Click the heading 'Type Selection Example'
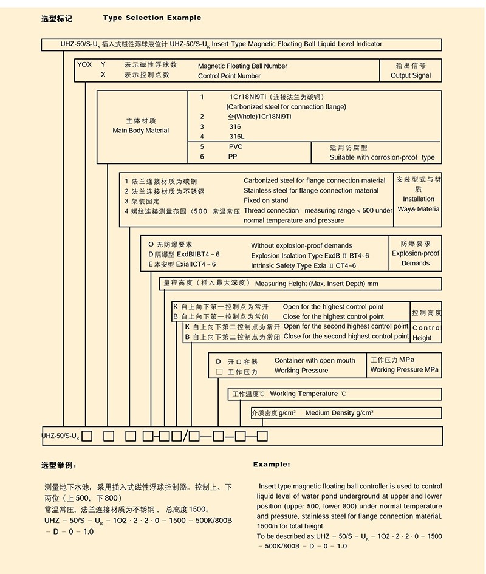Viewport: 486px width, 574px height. (152, 18)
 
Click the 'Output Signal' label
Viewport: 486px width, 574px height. (411, 76)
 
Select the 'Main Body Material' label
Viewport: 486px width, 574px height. (141, 131)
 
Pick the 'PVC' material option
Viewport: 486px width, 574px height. (236, 147)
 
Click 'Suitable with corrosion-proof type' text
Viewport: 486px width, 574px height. (382, 157)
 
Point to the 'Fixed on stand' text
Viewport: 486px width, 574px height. (266, 200)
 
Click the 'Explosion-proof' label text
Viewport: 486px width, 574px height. (416, 253)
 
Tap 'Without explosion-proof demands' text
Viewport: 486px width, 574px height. (301, 246)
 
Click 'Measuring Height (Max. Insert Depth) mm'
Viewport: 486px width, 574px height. (317, 284)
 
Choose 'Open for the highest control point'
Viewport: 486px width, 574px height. (333, 307)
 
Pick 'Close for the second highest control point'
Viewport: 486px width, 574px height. (346, 336)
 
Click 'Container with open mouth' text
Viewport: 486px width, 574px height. (315, 360)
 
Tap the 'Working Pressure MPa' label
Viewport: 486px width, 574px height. (404, 369)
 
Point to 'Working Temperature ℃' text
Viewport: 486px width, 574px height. (308, 394)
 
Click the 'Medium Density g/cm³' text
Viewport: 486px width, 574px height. (339, 413)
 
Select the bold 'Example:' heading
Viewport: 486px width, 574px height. (272, 465)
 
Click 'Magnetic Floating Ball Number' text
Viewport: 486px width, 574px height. (242, 66)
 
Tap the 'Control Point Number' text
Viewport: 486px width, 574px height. (229, 76)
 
